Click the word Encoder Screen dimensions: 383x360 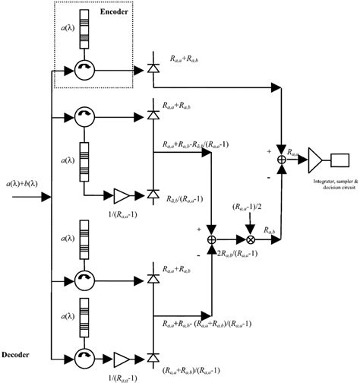(114, 13)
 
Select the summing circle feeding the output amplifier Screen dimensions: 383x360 (283, 160)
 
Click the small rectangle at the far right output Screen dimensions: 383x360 (340, 160)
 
